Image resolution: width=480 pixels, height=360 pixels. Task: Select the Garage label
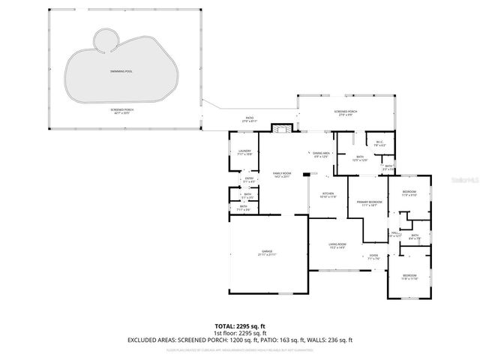[267, 252]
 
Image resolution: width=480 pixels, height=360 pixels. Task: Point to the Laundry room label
[244, 151]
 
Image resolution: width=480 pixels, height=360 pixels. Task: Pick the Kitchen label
[328, 194]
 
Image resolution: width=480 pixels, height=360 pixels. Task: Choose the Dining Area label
[322, 154]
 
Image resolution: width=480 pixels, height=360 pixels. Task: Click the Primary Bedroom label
[369, 202]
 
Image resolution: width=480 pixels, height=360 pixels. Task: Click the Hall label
[395, 233]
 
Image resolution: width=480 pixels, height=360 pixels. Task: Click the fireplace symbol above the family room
[280, 129]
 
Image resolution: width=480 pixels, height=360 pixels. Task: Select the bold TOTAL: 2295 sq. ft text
[239, 326]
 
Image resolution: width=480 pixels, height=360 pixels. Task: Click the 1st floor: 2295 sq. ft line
[239, 333]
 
